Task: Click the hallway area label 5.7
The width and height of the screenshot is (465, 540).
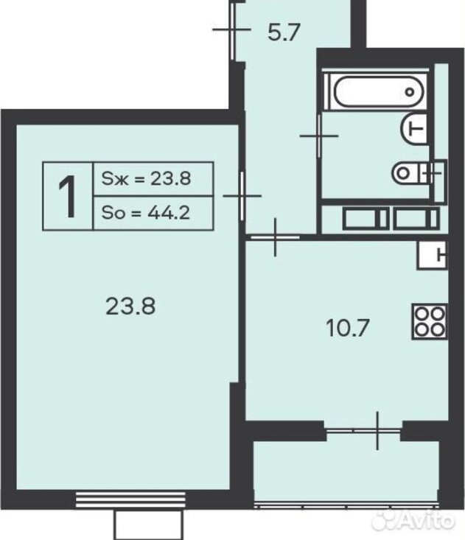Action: click(x=284, y=32)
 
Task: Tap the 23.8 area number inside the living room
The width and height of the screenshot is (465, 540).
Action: click(x=130, y=306)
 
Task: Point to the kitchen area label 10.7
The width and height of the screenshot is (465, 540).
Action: click(x=348, y=328)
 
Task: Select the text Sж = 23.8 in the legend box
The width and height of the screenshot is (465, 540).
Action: click(x=146, y=179)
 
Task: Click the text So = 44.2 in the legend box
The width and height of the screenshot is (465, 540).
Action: click(x=146, y=213)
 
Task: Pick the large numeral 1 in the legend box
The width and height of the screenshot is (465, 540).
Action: click(x=68, y=196)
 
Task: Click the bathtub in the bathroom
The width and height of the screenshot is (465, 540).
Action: click(x=377, y=92)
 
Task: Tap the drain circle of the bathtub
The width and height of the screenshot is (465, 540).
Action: click(x=410, y=92)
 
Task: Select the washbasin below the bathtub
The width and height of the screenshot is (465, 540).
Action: click(x=414, y=129)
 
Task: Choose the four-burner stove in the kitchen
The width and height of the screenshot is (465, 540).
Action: click(x=430, y=322)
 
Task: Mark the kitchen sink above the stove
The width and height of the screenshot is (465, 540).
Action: click(x=433, y=255)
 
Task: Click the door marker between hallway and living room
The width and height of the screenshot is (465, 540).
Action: click(x=242, y=196)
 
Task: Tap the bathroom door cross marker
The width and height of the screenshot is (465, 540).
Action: click(x=319, y=136)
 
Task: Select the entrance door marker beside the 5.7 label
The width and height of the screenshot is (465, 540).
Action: click(x=231, y=29)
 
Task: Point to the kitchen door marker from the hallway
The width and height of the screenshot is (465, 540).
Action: click(x=275, y=237)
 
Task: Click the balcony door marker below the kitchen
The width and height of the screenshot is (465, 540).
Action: click(x=377, y=430)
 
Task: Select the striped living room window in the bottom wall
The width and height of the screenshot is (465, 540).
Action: click(x=130, y=499)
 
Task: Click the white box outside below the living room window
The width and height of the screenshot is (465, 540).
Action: click(x=148, y=524)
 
